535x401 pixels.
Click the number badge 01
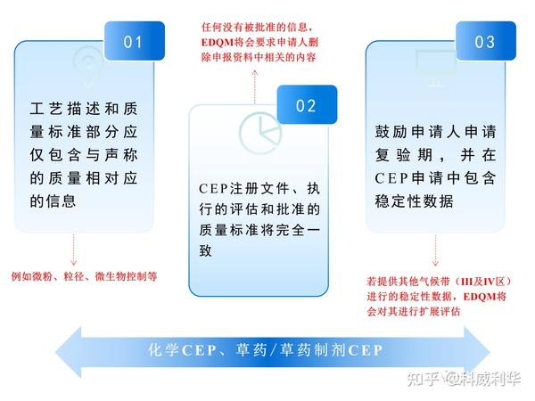[x=135, y=42]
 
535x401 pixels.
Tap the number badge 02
[x=307, y=106]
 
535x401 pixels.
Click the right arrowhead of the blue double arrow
[x=473, y=350]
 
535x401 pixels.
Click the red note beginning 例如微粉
[x=84, y=276]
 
